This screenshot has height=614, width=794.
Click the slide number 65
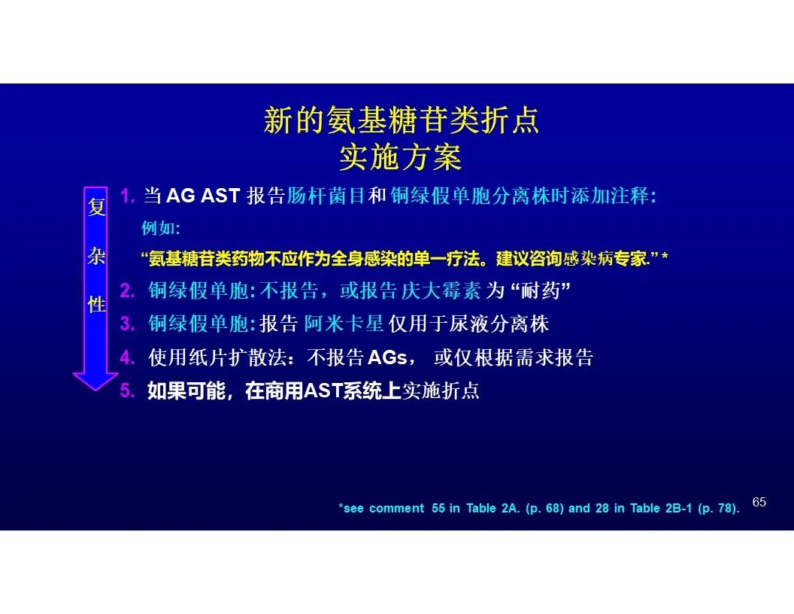(x=759, y=502)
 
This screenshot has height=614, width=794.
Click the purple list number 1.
(x=127, y=196)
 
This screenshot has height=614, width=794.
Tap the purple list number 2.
(x=127, y=290)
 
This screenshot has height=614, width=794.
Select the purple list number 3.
(x=127, y=324)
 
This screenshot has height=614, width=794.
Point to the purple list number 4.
(x=127, y=357)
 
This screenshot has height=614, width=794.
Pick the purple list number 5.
(x=127, y=391)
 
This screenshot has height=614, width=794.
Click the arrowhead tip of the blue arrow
(x=95, y=391)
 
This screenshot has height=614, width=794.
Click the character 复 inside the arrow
(x=96, y=207)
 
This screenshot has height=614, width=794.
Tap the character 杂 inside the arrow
(x=96, y=256)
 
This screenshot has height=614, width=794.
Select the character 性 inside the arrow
(x=96, y=305)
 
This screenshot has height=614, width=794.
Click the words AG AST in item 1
(x=202, y=196)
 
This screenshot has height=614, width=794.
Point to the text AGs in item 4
(x=387, y=357)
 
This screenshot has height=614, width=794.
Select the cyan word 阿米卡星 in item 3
(x=344, y=324)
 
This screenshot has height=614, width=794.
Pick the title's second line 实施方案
(x=400, y=157)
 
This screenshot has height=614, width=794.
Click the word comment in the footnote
(x=396, y=508)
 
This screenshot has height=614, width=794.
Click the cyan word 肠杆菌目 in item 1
(x=326, y=196)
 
